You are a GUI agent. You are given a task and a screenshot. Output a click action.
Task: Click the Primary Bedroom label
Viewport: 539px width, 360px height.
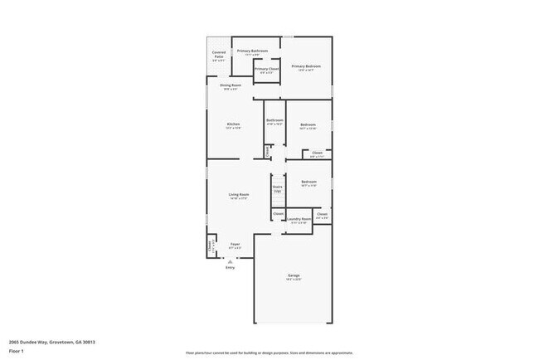(x=306, y=67)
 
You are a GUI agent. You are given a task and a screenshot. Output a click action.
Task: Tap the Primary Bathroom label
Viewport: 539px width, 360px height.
(x=253, y=52)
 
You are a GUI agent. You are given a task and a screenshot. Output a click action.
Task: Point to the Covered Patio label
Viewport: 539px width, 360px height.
(x=218, y=56)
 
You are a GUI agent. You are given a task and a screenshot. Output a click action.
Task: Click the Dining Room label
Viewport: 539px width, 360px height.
(x=231, y=86)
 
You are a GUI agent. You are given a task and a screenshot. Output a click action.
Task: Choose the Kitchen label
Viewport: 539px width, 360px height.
(x=233, y=125)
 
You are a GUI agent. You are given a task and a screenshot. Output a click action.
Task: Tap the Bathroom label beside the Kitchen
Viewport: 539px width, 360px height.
(x=274, y=121)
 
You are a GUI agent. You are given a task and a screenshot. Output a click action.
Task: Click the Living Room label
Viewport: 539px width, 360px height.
(x=240, y=196)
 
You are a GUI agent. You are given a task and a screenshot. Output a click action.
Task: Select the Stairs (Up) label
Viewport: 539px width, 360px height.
(x=277, y=188)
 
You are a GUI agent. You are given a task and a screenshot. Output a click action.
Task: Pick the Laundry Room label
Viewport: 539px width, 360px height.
(x=300, y=220)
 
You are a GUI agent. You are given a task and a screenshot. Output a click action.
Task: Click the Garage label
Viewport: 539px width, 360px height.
(x=294, y=276)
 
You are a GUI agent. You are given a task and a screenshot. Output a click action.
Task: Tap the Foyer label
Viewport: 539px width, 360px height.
(x=235, y=246)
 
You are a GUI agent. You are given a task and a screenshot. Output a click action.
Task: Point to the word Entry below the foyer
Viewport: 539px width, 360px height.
(x=230, y=267)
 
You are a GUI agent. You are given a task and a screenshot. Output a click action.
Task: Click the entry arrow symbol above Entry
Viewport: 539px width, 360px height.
(x=230, y=260)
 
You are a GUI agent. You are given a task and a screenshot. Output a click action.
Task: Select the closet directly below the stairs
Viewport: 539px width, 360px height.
(x=278, y=214)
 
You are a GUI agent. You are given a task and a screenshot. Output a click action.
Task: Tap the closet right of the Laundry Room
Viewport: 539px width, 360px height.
(x=322, y=216)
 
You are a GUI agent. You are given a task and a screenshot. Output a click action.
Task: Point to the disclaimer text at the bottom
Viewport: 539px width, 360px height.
(x=269, y=352)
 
